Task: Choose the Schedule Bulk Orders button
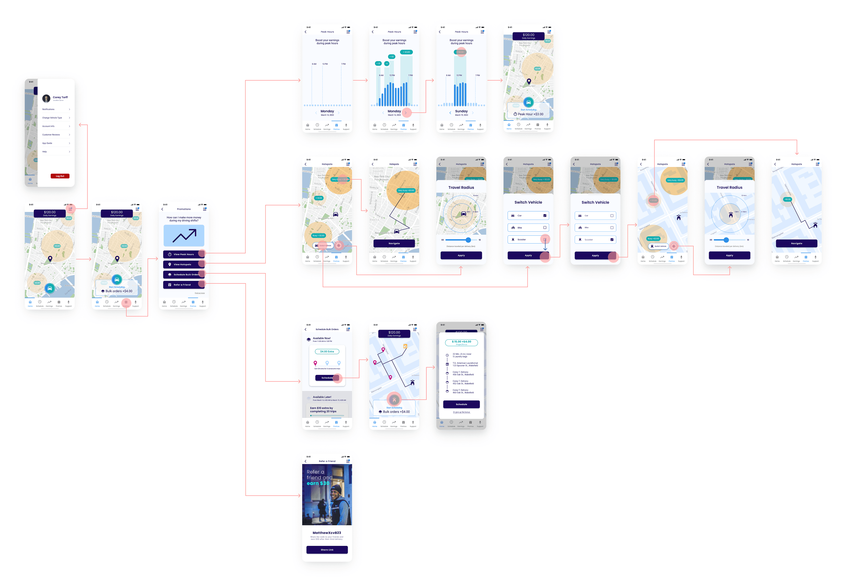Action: click(x=184, y=275)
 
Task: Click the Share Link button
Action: click(x=327, y=549)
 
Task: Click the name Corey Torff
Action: click(x=60, y=98)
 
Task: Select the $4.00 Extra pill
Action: click(x=327, y=351)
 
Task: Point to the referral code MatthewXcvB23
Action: click(x=327, y=533)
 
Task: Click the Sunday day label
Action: click(x=461, y=111)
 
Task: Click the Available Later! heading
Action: click(x=322, y=397)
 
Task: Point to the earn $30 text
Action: click(x=318, y=483)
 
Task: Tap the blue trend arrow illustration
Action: click(x=184, y=235)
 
